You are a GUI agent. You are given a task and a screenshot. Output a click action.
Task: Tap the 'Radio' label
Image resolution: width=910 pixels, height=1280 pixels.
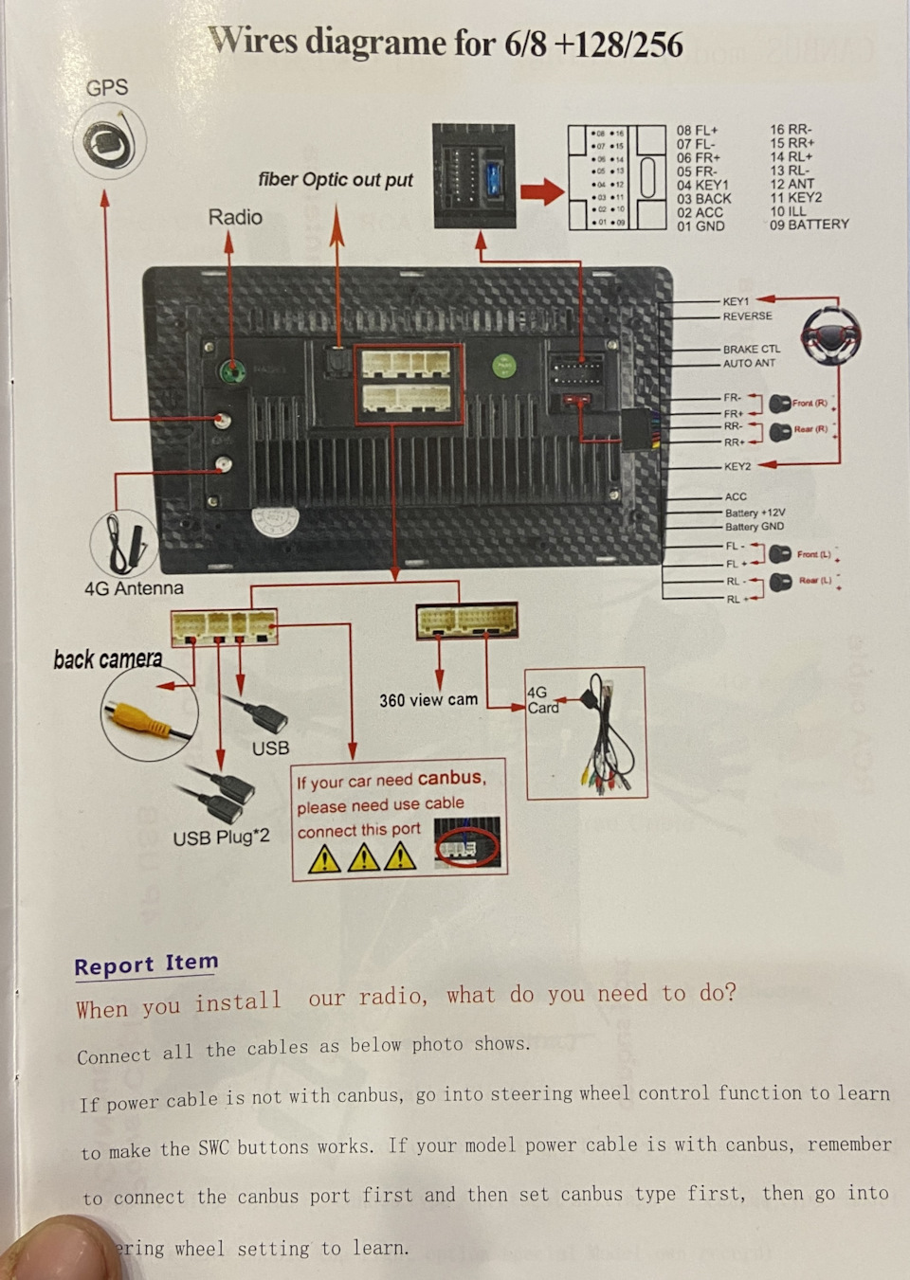(x=235, y=217)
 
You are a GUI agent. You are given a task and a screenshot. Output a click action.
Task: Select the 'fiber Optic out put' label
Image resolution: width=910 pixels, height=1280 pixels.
(x=336, y=179)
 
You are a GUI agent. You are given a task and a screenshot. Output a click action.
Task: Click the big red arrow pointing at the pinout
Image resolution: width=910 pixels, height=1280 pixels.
(x=542, y=192)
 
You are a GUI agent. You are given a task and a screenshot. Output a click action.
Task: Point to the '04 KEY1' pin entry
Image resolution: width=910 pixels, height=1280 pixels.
(x=702, y=185)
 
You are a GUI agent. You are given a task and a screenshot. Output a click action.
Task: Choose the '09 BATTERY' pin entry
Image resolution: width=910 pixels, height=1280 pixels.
(x=809, y=225)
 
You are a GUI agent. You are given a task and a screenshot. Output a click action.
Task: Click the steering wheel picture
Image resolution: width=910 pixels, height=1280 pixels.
(x=831, y=334)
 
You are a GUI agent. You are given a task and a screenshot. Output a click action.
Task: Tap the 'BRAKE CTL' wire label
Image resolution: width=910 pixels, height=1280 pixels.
(x=752, y=349)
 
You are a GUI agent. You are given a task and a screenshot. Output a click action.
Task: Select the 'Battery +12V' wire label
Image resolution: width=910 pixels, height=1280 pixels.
(x=755, y=512)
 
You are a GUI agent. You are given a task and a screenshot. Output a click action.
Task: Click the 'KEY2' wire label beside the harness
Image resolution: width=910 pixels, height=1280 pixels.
(x=737, y=466)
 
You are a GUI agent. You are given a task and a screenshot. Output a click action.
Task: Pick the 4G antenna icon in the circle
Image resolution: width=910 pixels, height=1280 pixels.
(x=124, y=543)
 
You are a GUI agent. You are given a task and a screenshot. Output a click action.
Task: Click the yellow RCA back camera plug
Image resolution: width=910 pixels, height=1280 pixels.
(x=138, y=717)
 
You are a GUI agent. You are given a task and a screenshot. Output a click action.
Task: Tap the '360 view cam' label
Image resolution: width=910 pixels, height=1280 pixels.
(x=428, y=700)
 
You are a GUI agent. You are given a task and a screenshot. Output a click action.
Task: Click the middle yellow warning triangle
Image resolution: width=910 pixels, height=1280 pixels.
(x=363, y=857)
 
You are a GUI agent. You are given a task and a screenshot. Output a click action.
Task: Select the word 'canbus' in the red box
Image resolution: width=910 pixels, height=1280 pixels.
(x=450, y=778)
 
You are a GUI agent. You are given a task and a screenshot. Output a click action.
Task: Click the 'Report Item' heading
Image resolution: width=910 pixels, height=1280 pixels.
(x=146, y=965)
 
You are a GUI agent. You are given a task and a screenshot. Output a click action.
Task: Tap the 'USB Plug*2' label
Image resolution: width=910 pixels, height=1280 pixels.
(x=221, y=837)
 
